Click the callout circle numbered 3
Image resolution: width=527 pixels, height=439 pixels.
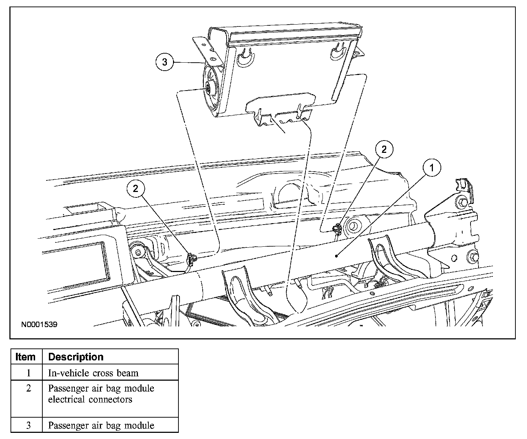[165, 62]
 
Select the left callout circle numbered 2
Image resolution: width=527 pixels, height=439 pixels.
[135, 189]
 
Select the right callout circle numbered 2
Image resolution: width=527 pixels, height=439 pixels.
[384, 149]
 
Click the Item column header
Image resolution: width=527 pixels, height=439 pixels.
[26, 357]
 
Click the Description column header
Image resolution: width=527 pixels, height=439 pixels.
[76, 357]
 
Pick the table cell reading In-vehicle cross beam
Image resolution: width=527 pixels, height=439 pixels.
[93, 373]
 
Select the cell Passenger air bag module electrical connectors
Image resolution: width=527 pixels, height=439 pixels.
[101, 394]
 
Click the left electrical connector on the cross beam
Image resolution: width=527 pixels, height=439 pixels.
[191, 259]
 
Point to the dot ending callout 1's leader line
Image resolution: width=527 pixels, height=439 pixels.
[337, 256]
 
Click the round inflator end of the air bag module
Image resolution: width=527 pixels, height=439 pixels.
[210, 88]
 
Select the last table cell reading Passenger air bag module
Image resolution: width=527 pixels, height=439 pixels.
[101, 425]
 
